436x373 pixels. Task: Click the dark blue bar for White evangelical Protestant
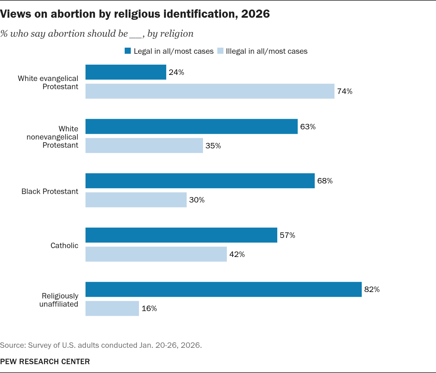(x=126, y=72)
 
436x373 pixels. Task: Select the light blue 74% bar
(x=210, y=91)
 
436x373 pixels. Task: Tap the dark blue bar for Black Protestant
(x=200, y=181)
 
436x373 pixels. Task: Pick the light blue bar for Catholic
(x=156, y=254)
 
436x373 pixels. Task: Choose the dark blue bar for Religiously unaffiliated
(x=223, y=289)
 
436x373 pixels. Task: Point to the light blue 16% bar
(x=112, y=308)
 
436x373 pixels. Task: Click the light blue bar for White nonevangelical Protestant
(x=144, y=146)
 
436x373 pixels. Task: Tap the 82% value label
(x=372, y=290)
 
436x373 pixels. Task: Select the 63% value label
(x=308, y=127)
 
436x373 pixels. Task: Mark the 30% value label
(x=197, y=200)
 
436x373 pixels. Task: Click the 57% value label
(x=287, y=236)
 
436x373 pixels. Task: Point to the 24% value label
(x=176, y=72)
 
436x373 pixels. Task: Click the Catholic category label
(x=64, y=245)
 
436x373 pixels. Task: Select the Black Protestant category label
(x=50, y=191)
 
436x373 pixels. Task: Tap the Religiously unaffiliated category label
(x=59, y=300)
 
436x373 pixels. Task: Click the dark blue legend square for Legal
(x=128, y=51)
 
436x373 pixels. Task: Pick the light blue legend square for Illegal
(x=220, y=51)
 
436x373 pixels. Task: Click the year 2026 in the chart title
(x=255, y=14)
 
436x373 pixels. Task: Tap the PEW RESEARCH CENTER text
(x=45, y=361)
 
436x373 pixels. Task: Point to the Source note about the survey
(x=101, y=345)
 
